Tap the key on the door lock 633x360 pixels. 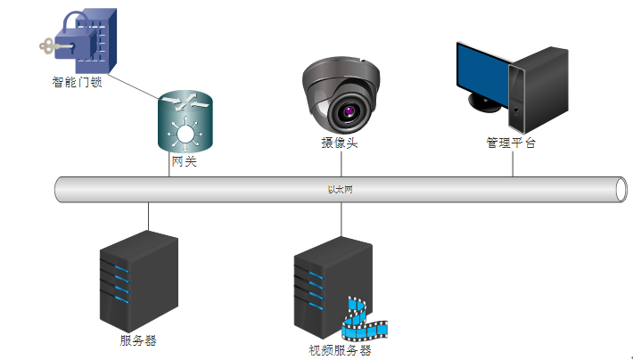pos(52,45)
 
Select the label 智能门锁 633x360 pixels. pos(77,84)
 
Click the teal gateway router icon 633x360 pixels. pos(186,121)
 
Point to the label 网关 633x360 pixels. pos(185,162)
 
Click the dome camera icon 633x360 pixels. pos(341,94)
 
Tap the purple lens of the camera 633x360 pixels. pos(348,112)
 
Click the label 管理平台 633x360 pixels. pos(511,143)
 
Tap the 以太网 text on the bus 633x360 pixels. pos(341,190)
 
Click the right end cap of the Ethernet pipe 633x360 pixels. pos(622,190)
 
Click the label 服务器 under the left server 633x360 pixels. pos(138,340)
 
